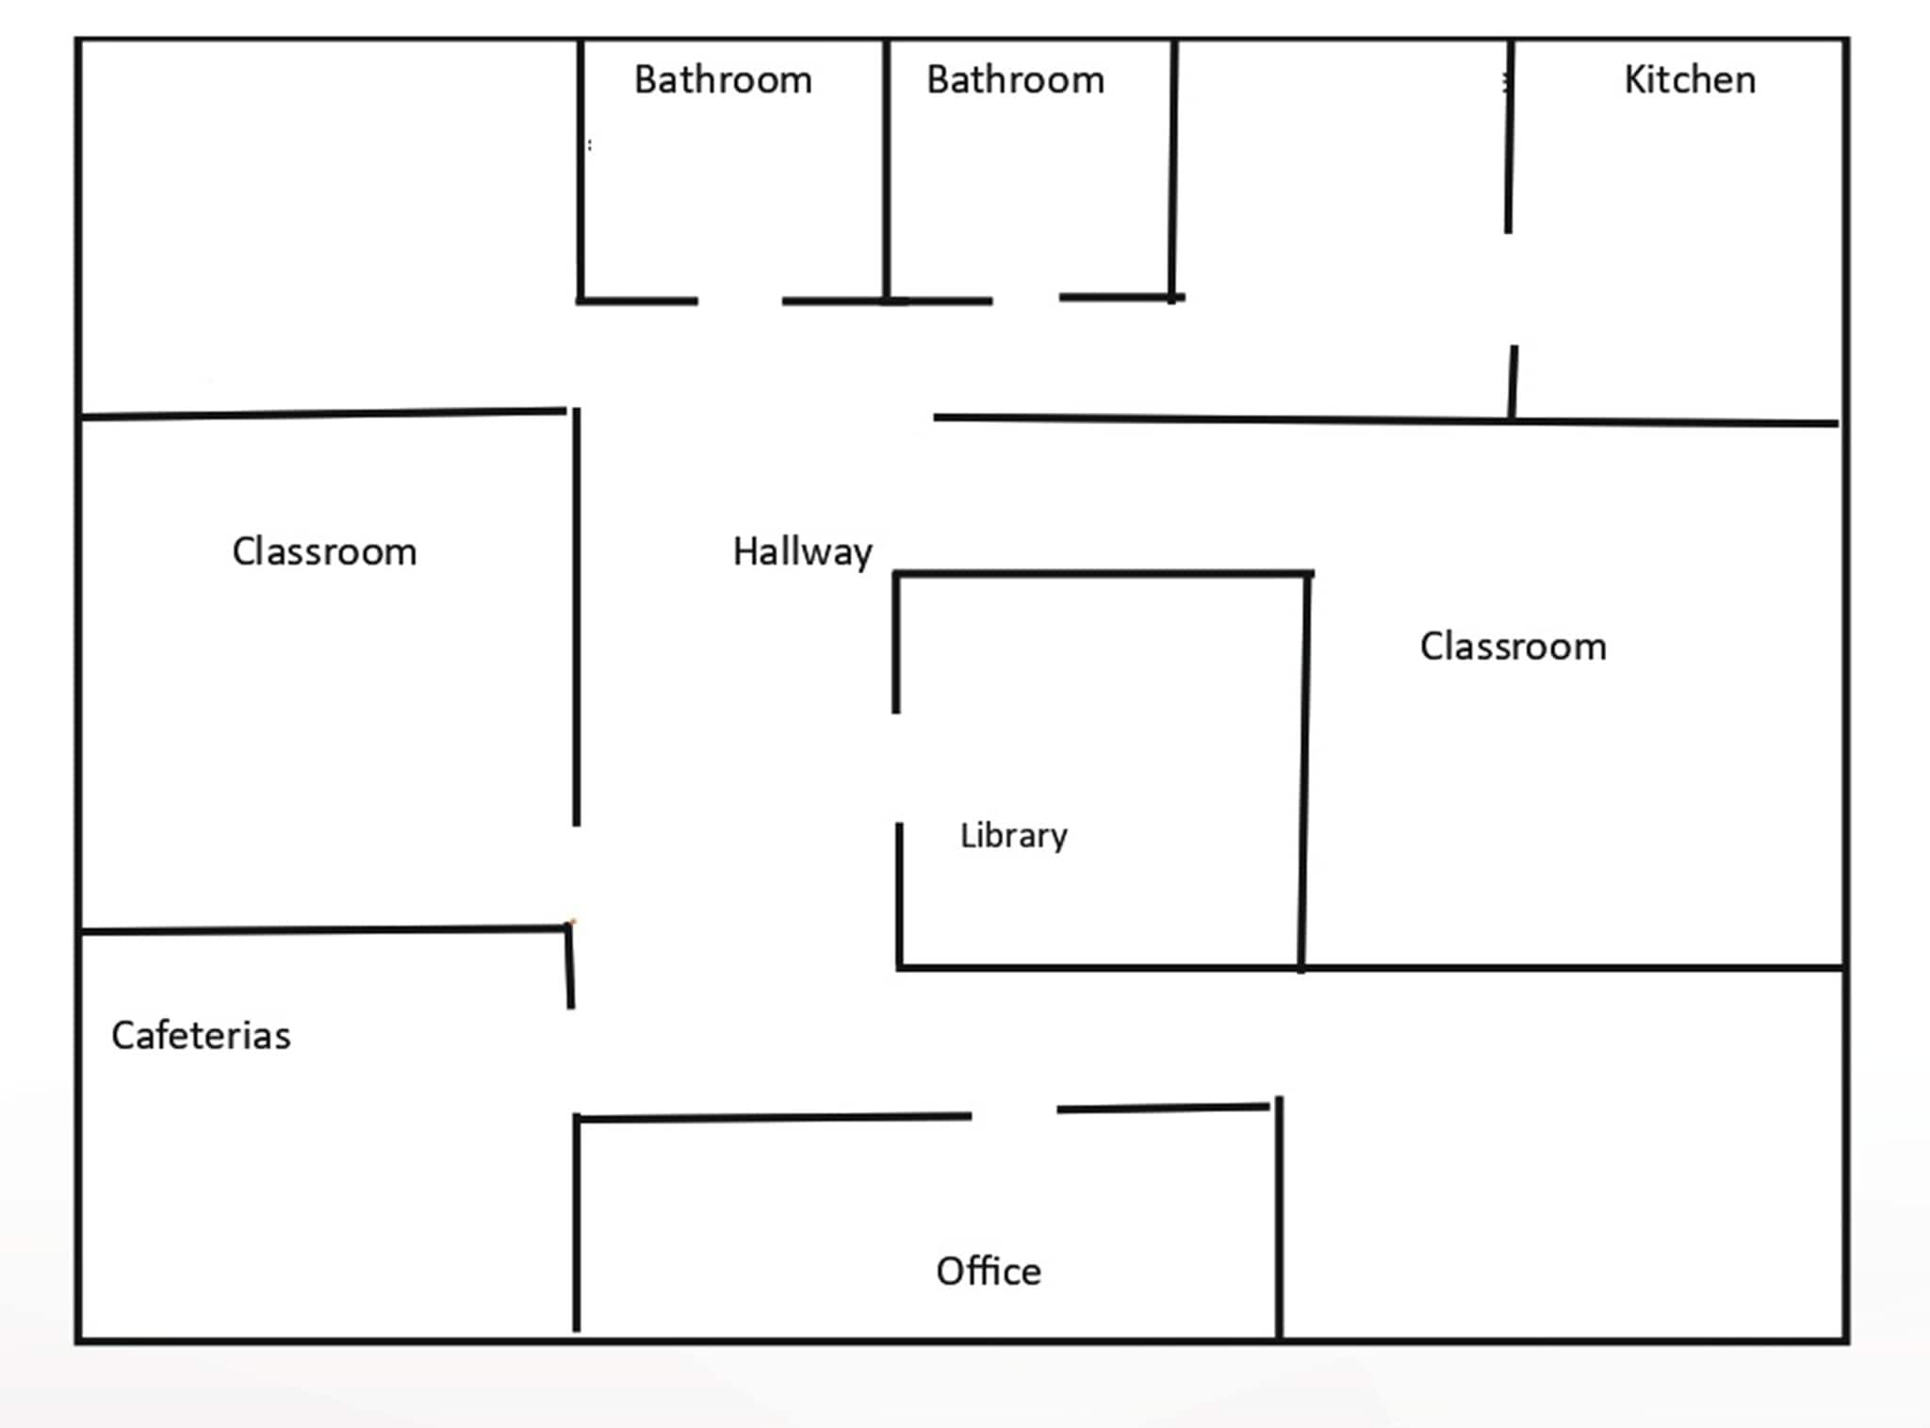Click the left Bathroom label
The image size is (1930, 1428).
pos(723,80)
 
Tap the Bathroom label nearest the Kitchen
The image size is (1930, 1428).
pos(1015,80)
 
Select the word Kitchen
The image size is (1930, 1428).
pos(1690,80)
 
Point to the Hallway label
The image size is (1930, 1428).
pos(802,552)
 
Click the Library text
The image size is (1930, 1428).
pos(1013,835)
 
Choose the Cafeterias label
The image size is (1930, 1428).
pos(201,1036)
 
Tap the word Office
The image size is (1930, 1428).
pos(989,1272)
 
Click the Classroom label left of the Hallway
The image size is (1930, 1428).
pos(324,552)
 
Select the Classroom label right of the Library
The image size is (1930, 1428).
pos(1513,647)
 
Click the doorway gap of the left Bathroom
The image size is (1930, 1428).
pos(740,301)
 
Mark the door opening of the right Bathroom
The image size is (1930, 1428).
pos(1025,300)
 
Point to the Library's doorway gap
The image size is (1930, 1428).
pos(897,767)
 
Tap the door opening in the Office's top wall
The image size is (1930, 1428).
pos(1014,1113)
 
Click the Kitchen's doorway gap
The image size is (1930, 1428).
pos(1511,288)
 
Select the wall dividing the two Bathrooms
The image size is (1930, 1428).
pos(886,170)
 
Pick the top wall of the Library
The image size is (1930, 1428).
pos(1103,573)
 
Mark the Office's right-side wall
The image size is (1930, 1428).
pos(1279,1216)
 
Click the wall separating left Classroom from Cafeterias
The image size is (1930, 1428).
pos(324,930)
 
